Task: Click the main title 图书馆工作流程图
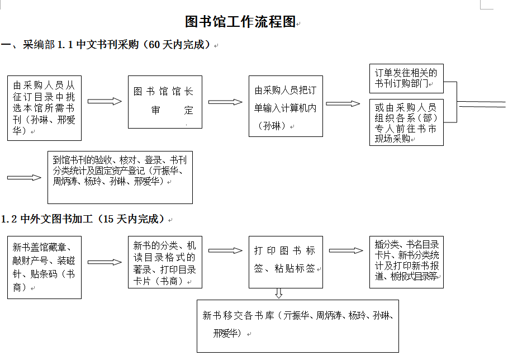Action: (x=240, y=21)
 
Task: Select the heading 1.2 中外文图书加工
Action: (x=84, y=219)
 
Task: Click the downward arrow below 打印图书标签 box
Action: (x=279, y=293)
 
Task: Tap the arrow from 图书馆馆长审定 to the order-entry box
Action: (x=225, y=102)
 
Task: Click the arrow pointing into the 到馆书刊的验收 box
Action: (x=24, y=178)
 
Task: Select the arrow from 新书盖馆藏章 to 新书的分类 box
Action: (x=105, y=262)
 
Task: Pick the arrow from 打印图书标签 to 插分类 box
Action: (x=346, y=250)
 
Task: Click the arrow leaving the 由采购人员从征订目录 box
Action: (x=105, y=101)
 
